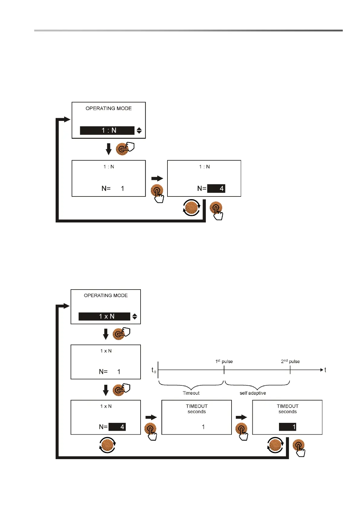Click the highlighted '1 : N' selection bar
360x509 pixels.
(107, 130)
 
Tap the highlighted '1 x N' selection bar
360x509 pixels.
(104, 316)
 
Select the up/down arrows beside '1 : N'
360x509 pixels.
(139, 130)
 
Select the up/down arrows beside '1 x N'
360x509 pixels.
(135, 316)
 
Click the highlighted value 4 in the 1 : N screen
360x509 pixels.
(216, 189)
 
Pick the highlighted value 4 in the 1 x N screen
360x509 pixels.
(117, 427)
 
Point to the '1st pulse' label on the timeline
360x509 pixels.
(224, 361)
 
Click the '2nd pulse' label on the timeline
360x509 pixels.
(290, 361)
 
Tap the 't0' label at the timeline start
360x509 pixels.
(154, 370)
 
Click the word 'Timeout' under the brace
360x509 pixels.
(191, 393)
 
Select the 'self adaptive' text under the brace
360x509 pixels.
(253, 393)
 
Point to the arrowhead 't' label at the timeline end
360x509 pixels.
(325, 370)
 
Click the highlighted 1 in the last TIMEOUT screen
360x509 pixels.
(287, 427)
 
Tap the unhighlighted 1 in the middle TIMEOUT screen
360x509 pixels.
(203, 427)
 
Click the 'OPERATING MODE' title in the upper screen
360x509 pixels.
(109, 108)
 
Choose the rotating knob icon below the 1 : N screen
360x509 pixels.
(191, 208)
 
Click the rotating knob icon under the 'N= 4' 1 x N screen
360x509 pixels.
(107, 445)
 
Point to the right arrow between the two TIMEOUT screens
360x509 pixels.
(242, 417)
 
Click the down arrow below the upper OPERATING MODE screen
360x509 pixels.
(109, 149)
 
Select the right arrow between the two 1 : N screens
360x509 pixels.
(157, 178)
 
